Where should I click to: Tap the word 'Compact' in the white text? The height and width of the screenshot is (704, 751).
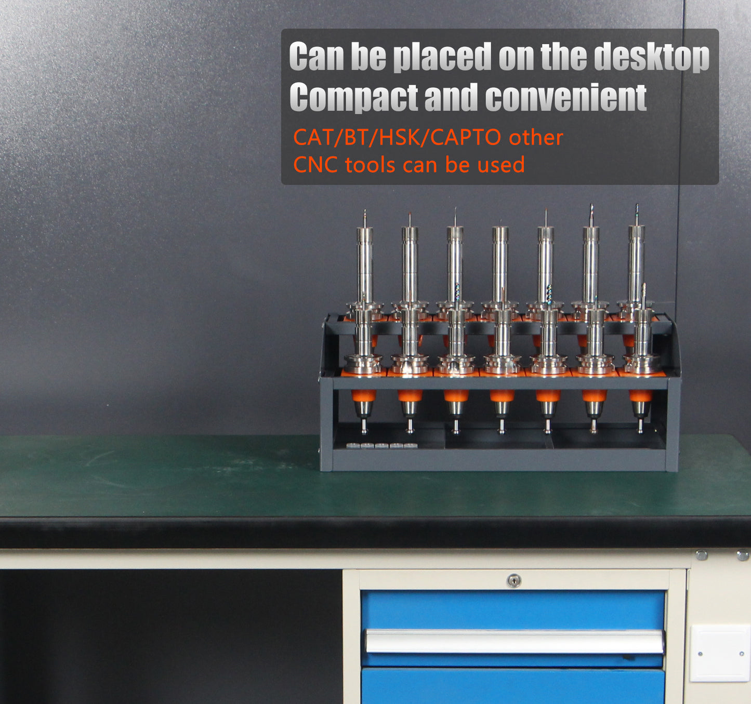click(x=353, y=98)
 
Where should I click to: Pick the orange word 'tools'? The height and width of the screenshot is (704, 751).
click(x=370, y=165)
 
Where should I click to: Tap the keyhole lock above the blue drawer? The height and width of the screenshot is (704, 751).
click(x=513, y=580)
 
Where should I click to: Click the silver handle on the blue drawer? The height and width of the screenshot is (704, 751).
click(x=515, y=641)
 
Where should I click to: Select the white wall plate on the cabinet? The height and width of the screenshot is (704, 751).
click(x=720, y=654)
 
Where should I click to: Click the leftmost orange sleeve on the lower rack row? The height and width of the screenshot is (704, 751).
click(x=363, y=395)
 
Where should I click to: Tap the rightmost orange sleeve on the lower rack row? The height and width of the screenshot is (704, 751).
click(x=640, y=395)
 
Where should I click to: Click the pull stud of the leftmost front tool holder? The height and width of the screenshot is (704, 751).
click(x=364, y=426)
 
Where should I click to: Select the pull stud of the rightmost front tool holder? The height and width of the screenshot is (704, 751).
click(x=640, y=426)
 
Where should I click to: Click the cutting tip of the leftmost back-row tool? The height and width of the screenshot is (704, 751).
click(x=364, y=210)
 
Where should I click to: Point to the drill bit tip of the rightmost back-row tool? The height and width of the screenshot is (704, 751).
click(x=637, y=205)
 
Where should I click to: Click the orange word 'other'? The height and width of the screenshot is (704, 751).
click(x=536, y=137)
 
